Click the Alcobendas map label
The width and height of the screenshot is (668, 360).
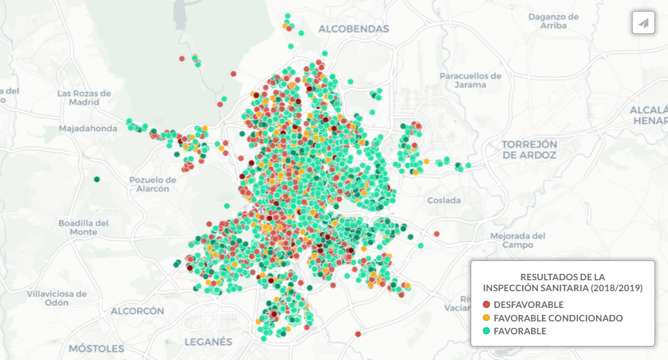click(x=354, y=29)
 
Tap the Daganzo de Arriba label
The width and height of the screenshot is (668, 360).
click(x=554, y=21)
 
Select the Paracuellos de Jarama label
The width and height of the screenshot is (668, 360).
click(x=470, y=80)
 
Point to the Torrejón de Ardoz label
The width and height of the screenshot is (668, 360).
click(x=530, y=149)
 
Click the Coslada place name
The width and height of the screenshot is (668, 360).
click(x=444, y=201)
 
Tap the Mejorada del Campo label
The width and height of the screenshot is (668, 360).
click(x=518, y=240)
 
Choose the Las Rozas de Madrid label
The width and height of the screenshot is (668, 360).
click(x=84, y=98)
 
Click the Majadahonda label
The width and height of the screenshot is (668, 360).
click(x=88, y=129)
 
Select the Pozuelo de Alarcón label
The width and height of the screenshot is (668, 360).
click(x=152, y=184)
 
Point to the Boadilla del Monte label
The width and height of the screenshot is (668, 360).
click(x=84, y=228)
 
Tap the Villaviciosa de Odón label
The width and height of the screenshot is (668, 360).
click(x=57, y=298)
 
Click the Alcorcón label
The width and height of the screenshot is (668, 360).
click(x=138, y=311)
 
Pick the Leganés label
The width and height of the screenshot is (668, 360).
click(x=208, y=341)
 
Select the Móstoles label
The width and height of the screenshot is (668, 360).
click(x=96, y=348)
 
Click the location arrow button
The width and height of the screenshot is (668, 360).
click(x=643, y=23)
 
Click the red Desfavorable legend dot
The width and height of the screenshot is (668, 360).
click(x=487, y=305)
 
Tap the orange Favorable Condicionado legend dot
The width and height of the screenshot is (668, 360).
click(x=487, y=318)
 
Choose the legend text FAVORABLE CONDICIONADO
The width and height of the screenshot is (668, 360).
click(x=558, y=318)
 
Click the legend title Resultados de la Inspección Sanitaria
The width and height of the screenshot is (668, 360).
click(x=563, y=282)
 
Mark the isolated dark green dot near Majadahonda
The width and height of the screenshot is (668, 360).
click(x=96, y=179)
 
